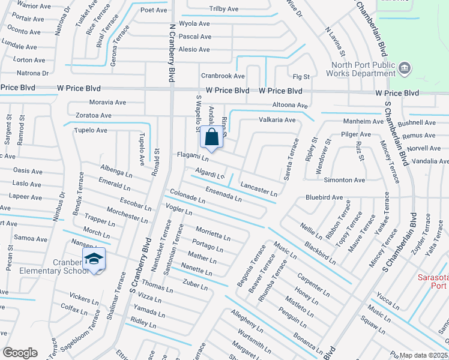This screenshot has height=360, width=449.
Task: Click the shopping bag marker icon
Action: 212,137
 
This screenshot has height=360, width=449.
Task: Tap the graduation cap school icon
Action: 94,259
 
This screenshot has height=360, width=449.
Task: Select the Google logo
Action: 20,352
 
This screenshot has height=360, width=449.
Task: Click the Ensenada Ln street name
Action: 223,193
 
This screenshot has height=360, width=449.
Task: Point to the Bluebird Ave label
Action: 324,197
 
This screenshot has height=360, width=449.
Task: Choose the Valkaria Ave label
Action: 277,120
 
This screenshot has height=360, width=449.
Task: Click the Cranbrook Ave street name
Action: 223,76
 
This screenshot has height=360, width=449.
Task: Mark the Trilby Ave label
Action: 223,10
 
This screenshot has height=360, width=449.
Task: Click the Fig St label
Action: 301,77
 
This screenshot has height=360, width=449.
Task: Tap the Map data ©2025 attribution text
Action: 423,355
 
